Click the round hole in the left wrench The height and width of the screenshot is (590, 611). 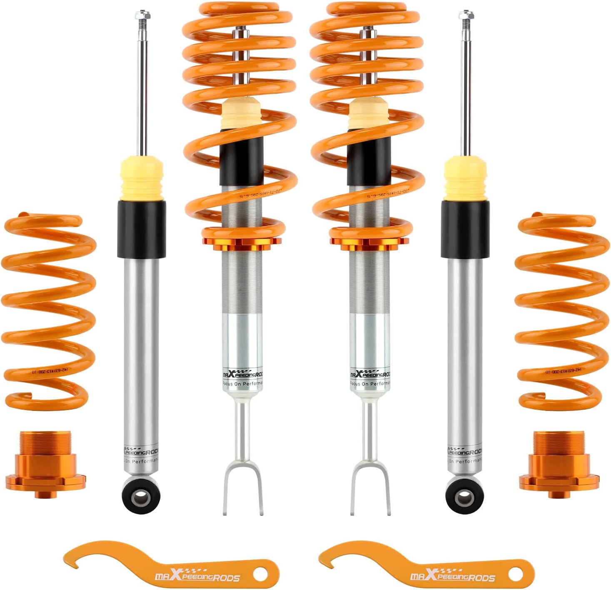click(x=260, y=574)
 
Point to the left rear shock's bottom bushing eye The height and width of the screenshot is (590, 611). click(x=142, y=496)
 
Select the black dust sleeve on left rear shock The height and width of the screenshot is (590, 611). click(x=142, y=229)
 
